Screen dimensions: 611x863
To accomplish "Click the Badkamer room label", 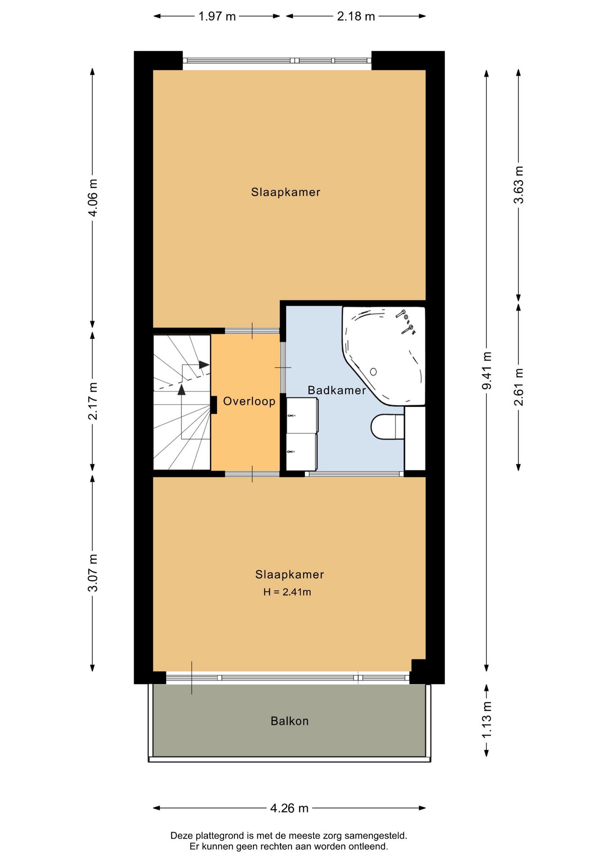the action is tap(337, 390).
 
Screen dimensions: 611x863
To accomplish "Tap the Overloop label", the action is tap(249, 401).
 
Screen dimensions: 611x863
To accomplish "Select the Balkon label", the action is tap(290, 721).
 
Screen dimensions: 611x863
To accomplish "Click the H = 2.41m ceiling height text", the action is tap(287, 592).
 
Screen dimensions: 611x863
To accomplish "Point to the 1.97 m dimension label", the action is tap(217, 17).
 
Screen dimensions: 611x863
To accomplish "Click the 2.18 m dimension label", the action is tap(356, 17).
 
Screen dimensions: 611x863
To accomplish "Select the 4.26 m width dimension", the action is tap(289, 808).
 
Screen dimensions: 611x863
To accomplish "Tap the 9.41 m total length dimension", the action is tap(487, 371).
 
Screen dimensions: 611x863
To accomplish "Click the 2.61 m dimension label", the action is tap(519, 387).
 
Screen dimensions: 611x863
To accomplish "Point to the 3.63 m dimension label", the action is tap(519, 185).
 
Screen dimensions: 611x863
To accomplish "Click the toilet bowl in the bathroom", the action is tap(387, 427).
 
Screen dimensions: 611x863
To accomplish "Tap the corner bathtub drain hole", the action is tap(373, 371).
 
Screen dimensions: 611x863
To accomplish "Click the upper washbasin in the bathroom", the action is tap(302, 416).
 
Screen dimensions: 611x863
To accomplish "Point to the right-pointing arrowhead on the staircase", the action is tap(204, 365).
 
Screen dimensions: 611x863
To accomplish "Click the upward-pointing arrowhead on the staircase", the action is tap(182, 389).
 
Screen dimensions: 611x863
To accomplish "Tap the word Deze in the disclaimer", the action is tap(181, 836).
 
